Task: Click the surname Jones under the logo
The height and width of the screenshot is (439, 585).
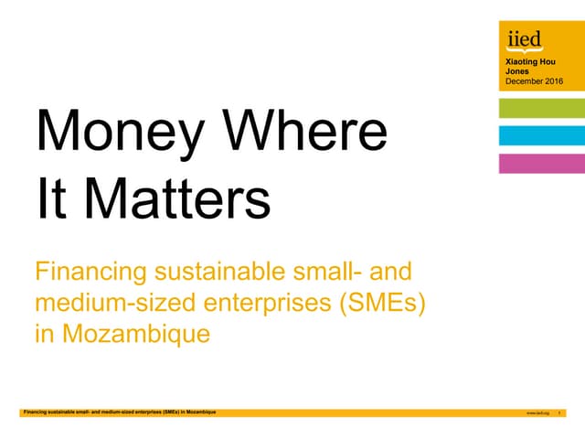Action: (x=516, y=70)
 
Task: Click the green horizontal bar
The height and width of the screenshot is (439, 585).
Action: (x=541, y=109)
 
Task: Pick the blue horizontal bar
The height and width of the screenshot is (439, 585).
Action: (x=541, y=136)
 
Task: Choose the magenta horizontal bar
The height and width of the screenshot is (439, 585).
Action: (x=541, y=164)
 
